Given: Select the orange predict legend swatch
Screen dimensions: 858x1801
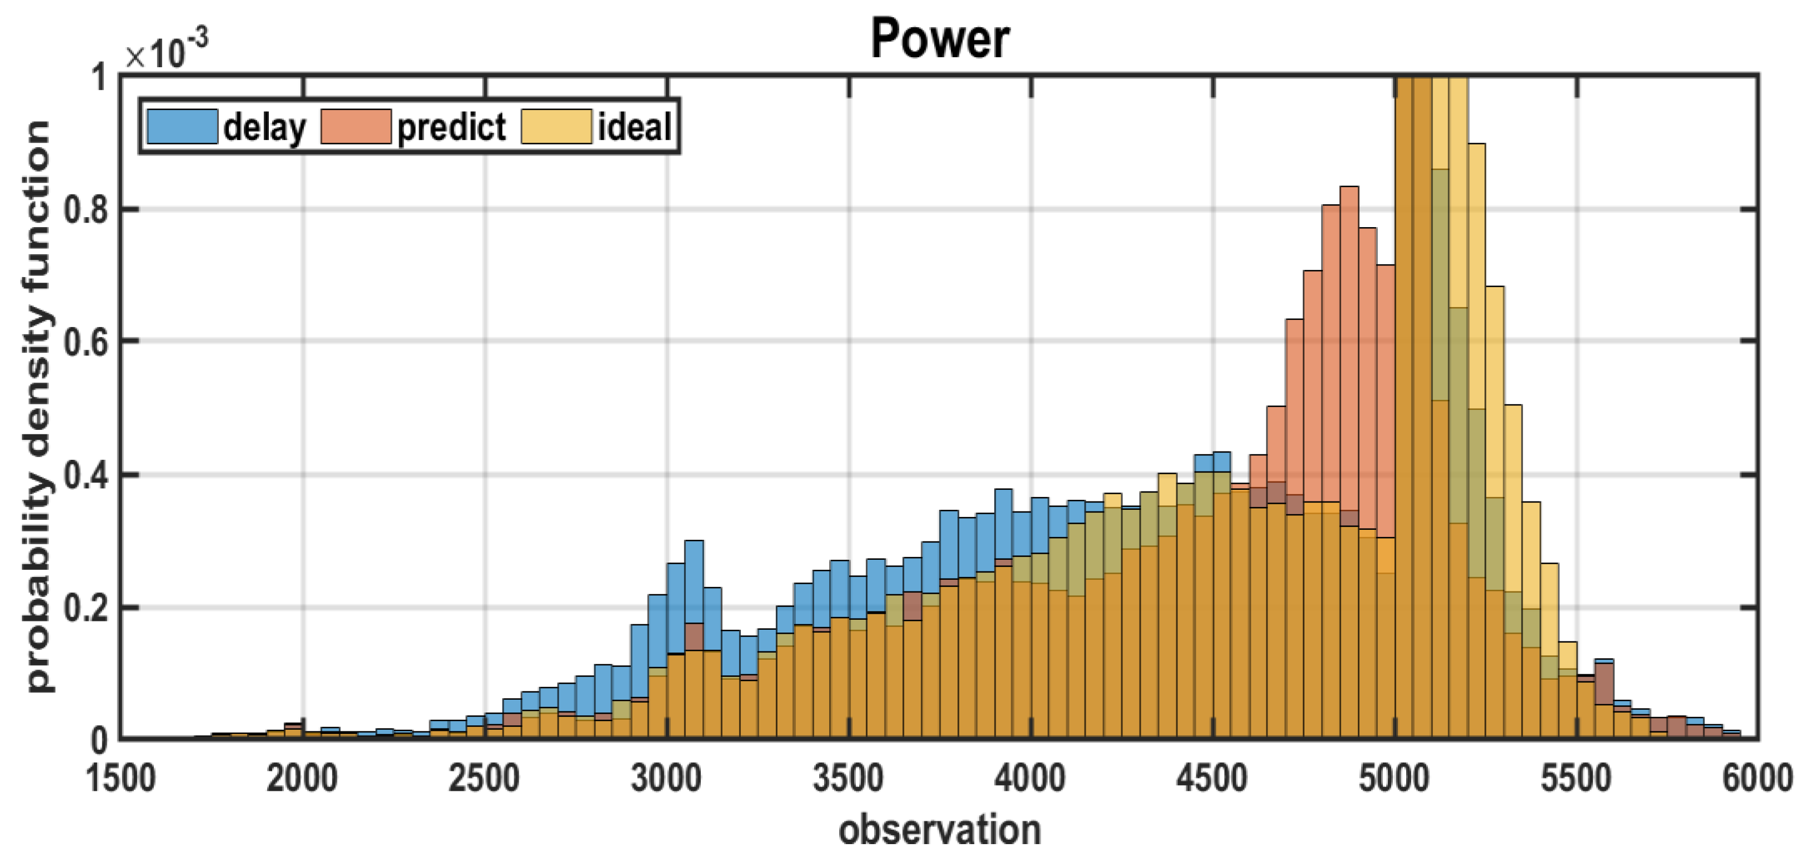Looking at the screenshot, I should click(x=356, y=127).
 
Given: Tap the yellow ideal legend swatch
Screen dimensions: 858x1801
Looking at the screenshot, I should click(x=556, y=127).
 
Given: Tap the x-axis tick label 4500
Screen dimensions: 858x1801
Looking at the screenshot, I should click(x=1212, y=778).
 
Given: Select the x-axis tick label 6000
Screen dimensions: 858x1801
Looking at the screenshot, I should click(x=1757, y=778).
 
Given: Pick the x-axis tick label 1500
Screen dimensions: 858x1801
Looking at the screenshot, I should click(x=121, y=778).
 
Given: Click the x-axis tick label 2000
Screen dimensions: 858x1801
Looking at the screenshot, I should click(x=302, y=778).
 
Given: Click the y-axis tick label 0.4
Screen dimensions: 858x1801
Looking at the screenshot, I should click(x=86, y=475).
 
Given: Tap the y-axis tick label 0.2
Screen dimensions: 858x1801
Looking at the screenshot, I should click(x=86, y=608).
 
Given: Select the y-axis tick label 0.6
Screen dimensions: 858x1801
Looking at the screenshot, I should click(x=86, y=342).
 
